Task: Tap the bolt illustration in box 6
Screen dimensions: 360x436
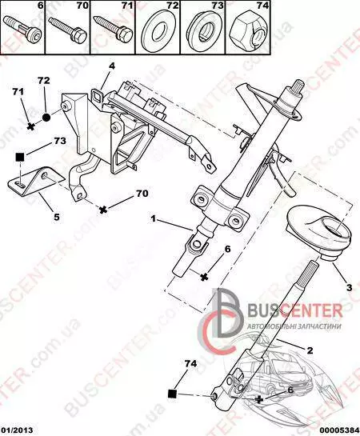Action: [22, 26]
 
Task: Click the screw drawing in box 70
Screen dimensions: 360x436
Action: [67, 29]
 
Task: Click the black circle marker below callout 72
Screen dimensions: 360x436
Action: [46, 118]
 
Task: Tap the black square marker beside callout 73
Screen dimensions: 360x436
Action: [20, 158]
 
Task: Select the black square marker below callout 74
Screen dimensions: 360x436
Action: [172, 394]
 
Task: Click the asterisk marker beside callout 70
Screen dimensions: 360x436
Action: [103, 210]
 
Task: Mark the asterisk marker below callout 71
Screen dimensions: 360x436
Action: [31, 126]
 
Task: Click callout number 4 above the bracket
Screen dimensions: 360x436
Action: [112, 66]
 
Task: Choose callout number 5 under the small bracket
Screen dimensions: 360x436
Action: [57, 216]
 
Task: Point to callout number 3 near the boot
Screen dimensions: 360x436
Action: [349, 287]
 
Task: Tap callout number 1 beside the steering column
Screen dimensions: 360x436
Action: [153, 219]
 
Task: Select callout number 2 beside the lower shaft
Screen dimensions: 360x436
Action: [310, 350]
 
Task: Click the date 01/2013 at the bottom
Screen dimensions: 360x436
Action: [17, 430]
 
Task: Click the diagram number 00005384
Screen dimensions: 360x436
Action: [341, 430]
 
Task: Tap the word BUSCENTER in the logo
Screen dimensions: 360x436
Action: [294, 311]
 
